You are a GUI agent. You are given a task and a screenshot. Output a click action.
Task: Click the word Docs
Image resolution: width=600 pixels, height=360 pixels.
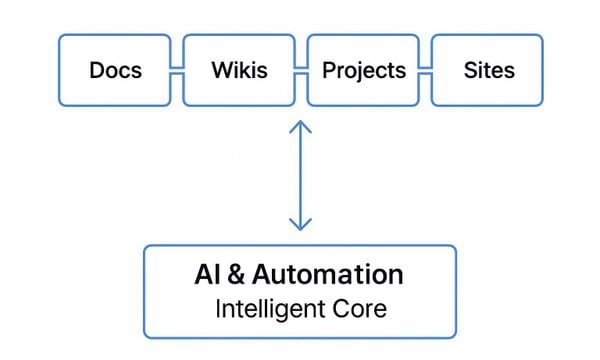115,71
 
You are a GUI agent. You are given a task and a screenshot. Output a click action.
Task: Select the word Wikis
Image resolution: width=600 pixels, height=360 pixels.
239,71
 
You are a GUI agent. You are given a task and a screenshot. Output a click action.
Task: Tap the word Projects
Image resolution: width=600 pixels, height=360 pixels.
364,71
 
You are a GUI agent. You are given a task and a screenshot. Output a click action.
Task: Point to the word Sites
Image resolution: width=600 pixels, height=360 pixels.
489,71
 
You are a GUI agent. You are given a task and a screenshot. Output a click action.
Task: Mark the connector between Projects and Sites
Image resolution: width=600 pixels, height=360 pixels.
425,71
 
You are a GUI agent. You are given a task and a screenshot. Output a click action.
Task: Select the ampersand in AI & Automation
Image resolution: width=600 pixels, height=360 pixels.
236,275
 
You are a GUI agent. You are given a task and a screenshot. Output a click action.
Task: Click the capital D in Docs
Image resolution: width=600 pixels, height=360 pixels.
97,71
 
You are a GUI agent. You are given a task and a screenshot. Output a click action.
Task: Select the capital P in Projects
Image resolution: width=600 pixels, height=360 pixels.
328,71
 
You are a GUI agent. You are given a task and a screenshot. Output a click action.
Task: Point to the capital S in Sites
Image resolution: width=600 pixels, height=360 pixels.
470,71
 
